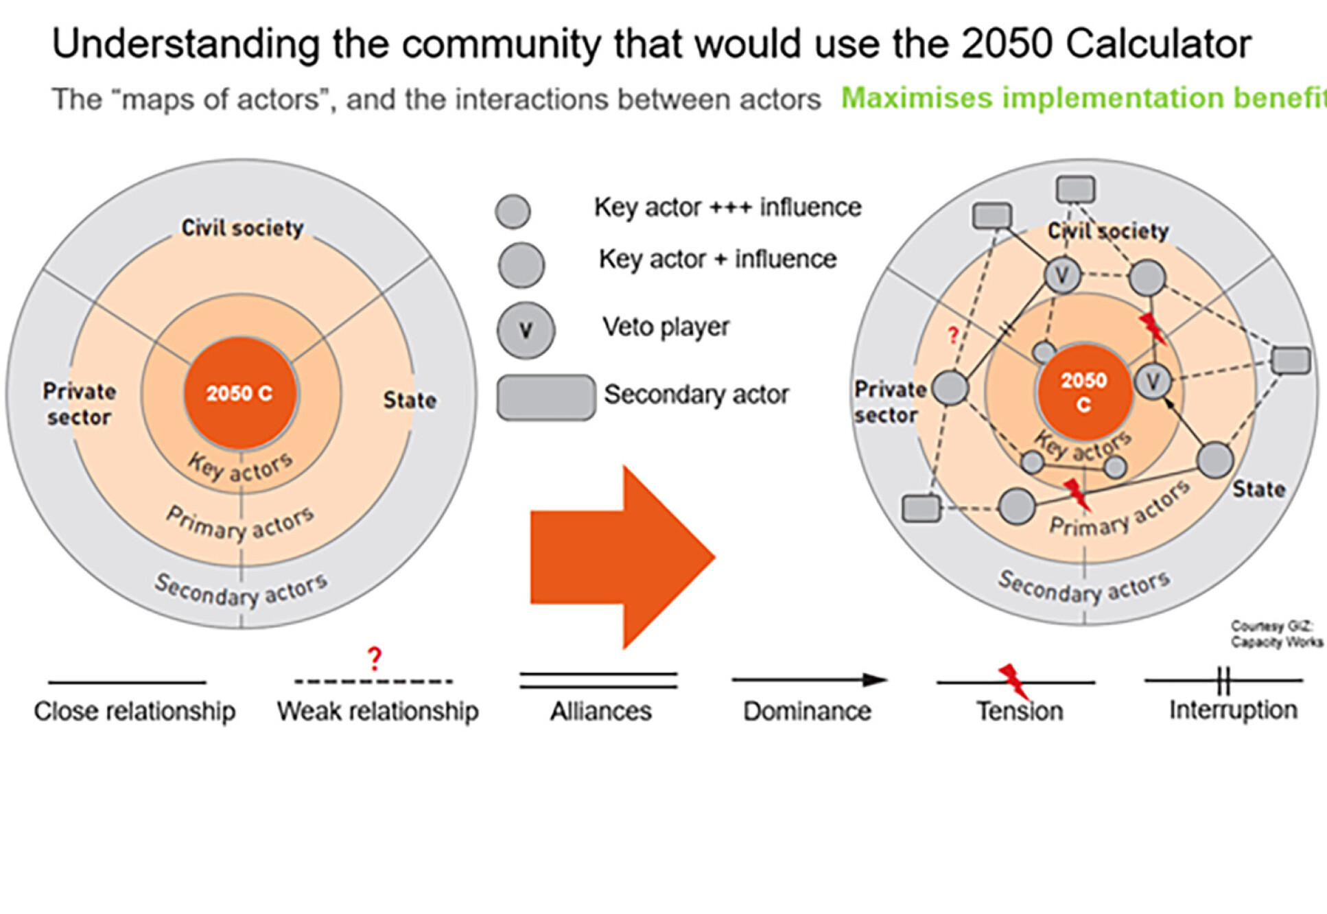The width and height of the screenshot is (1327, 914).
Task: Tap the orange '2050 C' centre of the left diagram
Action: (240, 393)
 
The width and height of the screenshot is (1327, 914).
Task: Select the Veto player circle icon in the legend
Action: (526, 331)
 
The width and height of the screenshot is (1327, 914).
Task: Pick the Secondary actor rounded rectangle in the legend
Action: (545, 397)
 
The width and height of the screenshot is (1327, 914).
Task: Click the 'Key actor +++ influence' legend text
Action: (727, 207)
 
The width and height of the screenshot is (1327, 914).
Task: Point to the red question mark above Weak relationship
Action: (374, 658)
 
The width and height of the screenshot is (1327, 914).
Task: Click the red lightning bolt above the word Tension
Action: (1013, 680)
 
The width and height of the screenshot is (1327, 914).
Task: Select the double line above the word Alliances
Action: (598, 680)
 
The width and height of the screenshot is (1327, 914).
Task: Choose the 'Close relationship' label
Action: (134, 712)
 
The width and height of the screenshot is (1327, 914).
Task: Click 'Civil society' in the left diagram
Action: (242, 228)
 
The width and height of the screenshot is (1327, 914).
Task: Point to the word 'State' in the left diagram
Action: (410, 400)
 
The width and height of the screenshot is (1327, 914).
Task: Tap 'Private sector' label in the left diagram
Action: (80, 404)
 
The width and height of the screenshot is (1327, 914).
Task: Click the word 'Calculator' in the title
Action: (1159, 45)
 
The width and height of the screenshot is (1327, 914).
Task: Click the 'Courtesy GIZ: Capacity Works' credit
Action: (1276, 634)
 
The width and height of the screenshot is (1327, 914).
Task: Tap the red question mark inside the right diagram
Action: (952, 335)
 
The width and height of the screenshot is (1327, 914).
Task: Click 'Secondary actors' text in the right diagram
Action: (1083, 587)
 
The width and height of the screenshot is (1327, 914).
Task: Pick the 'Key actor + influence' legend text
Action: (718, 259)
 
